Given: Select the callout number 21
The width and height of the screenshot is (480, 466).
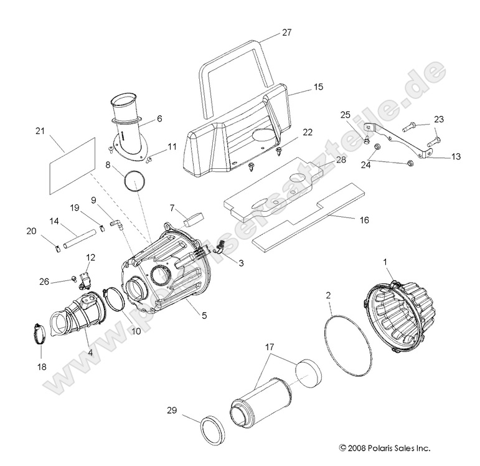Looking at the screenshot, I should tap(40, 131).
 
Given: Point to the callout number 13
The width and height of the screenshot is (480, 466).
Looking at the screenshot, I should tap(456, 156).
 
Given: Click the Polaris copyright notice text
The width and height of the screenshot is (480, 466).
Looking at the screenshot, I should tap(384, 447).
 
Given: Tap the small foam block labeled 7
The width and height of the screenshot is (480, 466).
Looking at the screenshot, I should tap(195, 217).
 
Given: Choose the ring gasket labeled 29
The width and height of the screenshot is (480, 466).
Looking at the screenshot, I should tap(211, 429).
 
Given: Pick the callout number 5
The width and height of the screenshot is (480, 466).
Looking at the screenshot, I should tap(204, 315).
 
